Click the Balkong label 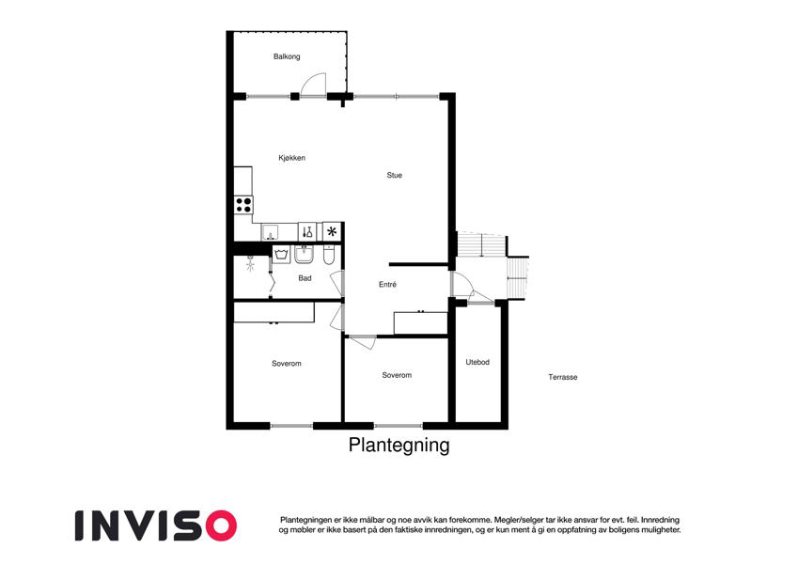(x=287, y=56)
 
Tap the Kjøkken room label (x=291, y=158)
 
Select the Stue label (x=394, y=175)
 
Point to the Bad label (x=305, y=278)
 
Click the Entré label (x=387, y=285)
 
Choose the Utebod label (x=477, y=362)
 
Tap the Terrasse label (x=562, y=377)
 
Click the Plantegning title (x=399, y=445)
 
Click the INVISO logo (x=156, y=525)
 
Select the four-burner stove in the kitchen (x=243, y=205)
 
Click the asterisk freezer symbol (x=332, y=231)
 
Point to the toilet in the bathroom (x=329, y=256)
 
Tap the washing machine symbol (x=281, y=254)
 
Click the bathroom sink (x=304, y=255)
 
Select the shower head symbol (x=250, y=264)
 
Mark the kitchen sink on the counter (x=270, y=232)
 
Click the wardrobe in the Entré (x=420, y=322)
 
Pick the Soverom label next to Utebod (x=397, y=375)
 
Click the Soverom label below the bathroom (x=286, y=364)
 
